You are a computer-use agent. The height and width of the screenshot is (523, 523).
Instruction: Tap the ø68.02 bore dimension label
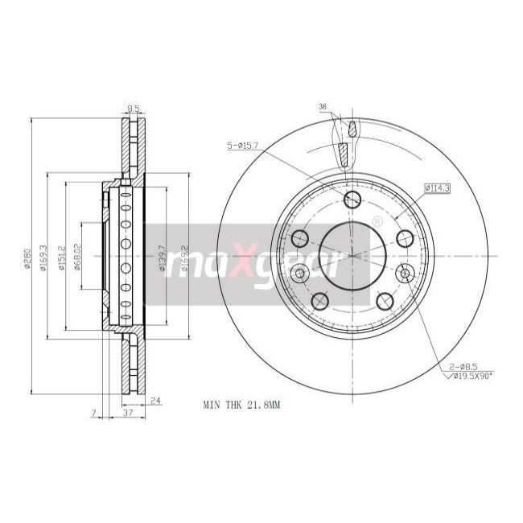[78, 258]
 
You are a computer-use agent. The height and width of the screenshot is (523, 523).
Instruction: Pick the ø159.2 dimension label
[185, 260]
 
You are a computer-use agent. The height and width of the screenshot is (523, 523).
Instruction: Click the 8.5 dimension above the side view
[134, 107]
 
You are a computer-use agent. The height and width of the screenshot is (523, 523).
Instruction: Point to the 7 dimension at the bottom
[94, 413]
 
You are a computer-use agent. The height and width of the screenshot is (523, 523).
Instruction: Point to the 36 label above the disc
[323, 106]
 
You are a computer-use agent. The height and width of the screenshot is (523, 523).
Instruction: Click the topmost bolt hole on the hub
[352, 200]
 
